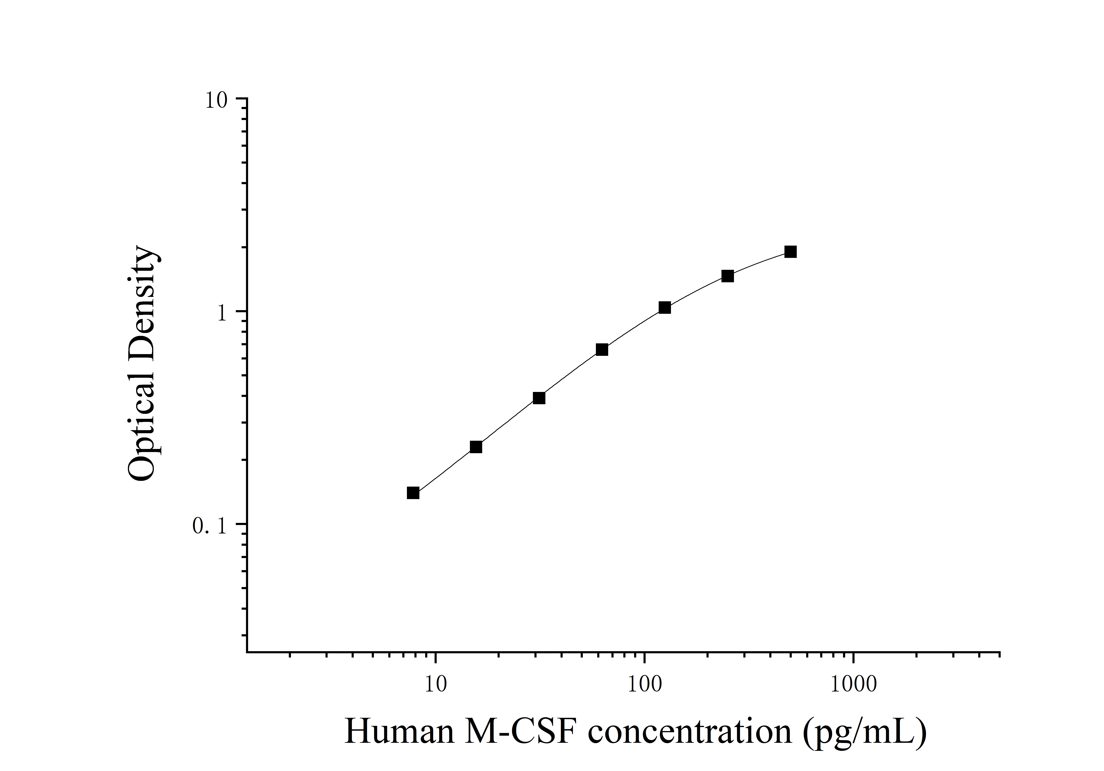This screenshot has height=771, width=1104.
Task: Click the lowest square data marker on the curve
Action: click(x=413, y=493)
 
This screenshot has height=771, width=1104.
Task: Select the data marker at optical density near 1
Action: click(x=664, y=308)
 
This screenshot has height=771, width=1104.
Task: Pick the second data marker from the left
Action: click(x=476, y=447)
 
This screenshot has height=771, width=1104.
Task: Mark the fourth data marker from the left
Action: click(x=602, y=350)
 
